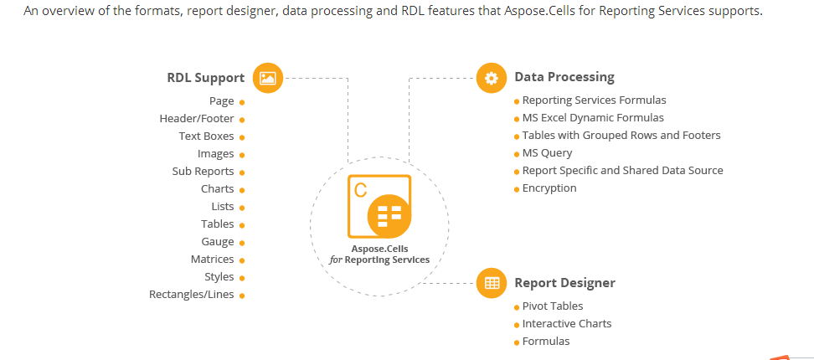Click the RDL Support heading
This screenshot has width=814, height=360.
click(205, 78)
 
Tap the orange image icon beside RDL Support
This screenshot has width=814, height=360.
click(268, 79)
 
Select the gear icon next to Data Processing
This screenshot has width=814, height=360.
click(491, 78)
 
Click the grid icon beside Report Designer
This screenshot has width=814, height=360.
click(491, 283)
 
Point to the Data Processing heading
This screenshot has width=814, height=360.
click(564, 77)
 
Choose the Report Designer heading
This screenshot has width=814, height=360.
click(564, 283)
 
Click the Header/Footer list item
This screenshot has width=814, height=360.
click(197, 119)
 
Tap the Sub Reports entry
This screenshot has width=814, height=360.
click(203, 172)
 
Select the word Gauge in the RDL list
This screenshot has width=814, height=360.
click(218, 242)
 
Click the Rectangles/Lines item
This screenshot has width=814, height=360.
click(192, 295)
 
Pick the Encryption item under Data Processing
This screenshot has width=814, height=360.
click(549, 188)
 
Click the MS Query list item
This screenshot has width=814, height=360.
click(547, 153)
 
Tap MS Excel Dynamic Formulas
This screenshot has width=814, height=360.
click(593, 118)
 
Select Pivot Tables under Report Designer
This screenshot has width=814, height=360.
click(553, 306)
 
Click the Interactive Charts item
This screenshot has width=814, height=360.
click(567, 324)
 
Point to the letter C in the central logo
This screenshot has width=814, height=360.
click(360, 190)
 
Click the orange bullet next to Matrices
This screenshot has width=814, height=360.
click(242, 260)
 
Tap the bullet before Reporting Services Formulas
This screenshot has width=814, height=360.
click(517, 101)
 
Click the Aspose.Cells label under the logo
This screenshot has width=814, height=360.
click(379, 249)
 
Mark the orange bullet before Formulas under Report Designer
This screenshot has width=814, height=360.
click(517, 343)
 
